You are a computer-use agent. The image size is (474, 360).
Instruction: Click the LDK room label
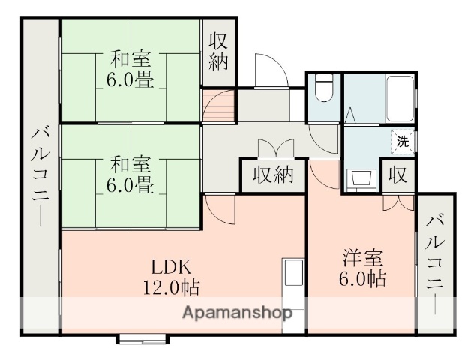(173, 266)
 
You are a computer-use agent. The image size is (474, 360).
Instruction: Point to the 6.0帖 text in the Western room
(362, 279)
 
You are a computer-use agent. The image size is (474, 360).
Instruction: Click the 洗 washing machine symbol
(403, 140)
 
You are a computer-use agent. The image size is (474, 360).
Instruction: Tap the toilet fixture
(324, 89)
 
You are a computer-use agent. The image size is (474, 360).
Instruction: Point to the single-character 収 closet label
(397, 177)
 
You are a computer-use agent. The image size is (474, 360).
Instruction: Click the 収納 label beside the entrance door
(218, 51)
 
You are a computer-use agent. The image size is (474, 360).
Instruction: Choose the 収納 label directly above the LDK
(272, 177)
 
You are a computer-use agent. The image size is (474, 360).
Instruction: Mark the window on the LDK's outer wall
(142, 338)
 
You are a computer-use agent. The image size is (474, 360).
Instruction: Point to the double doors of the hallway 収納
(272, 147)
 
